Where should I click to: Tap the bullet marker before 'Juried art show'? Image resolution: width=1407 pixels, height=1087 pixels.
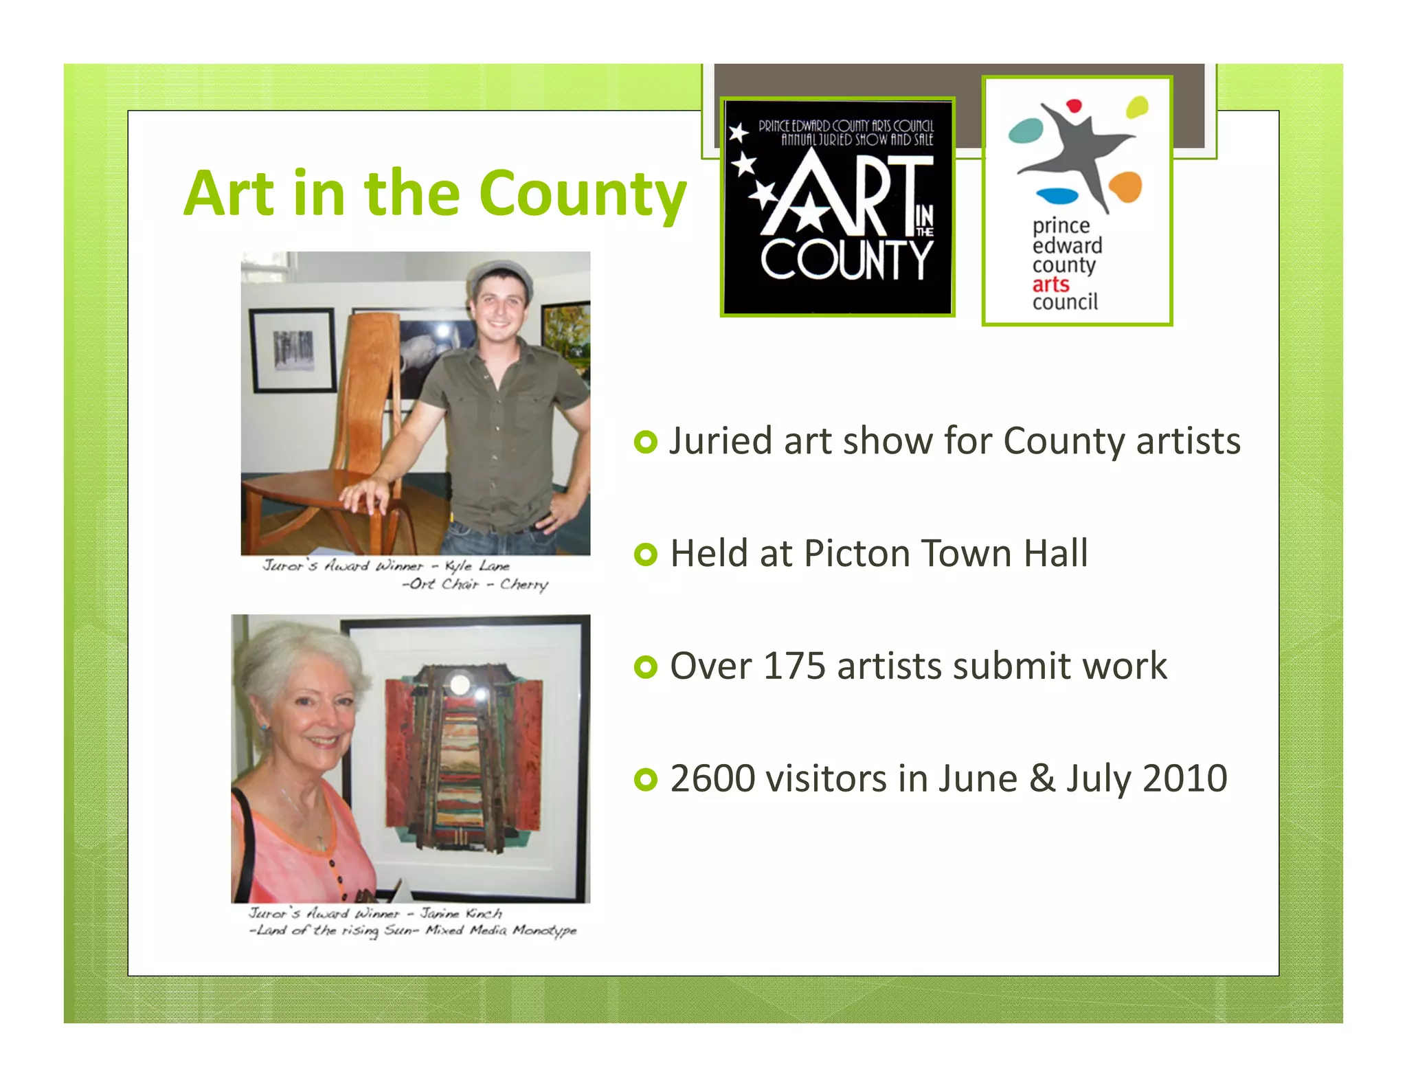645,442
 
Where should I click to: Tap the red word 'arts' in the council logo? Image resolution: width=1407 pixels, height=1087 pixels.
1050,284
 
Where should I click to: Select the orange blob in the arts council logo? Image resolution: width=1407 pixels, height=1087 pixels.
1125,186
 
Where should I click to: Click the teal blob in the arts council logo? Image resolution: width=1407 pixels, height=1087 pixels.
1026,131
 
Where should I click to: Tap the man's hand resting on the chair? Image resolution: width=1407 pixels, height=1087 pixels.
365,494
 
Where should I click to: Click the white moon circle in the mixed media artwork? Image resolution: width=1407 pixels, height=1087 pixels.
458,684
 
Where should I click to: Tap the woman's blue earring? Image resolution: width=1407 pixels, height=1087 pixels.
263,727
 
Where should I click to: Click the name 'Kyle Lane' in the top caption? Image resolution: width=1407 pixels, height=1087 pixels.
477,565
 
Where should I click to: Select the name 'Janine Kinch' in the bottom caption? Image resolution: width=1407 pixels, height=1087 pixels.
461,913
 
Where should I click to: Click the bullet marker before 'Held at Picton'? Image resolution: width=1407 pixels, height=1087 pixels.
645,554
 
